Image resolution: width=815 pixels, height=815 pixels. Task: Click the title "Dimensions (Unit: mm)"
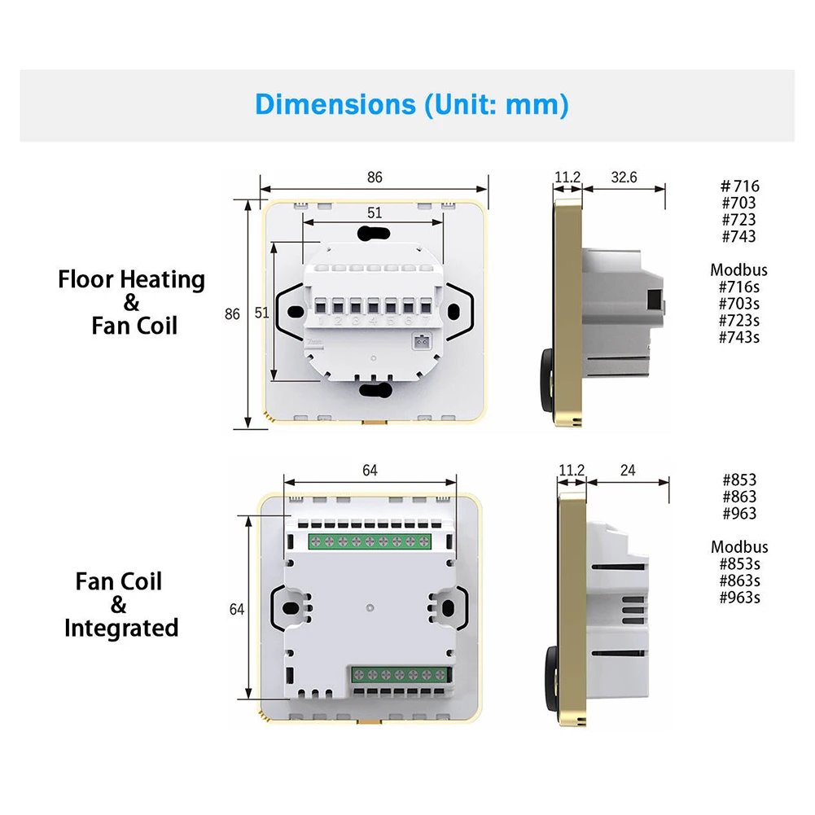tap(411, 105)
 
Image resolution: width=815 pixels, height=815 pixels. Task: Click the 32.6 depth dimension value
tap(624, 177)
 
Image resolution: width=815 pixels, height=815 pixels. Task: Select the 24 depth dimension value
tap(628, 471)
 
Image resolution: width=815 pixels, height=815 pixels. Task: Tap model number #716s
tap(738, 287)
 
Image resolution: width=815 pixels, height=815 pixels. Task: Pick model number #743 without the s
tap(738, 236)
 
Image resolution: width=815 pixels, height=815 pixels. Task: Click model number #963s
tap(739, 598)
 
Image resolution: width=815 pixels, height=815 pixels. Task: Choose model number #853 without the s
tap(738, 480)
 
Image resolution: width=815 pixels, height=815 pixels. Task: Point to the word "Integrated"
tap(121, 628)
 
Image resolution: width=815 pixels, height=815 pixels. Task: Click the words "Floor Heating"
tap(131, 279)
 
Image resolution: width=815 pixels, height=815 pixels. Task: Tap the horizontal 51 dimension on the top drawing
tap(374, 213)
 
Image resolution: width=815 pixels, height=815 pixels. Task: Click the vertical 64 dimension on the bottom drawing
tap(237, 608)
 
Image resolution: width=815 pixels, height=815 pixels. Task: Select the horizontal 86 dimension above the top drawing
tap(374, 177)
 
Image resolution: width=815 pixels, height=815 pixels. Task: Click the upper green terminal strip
tap(369, 541)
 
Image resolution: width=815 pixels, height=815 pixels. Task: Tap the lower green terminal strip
tap(402, 675)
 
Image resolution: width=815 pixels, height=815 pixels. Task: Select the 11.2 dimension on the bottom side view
tap(571, 471)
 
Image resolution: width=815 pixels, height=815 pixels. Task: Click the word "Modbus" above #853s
tap(738, 547)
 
